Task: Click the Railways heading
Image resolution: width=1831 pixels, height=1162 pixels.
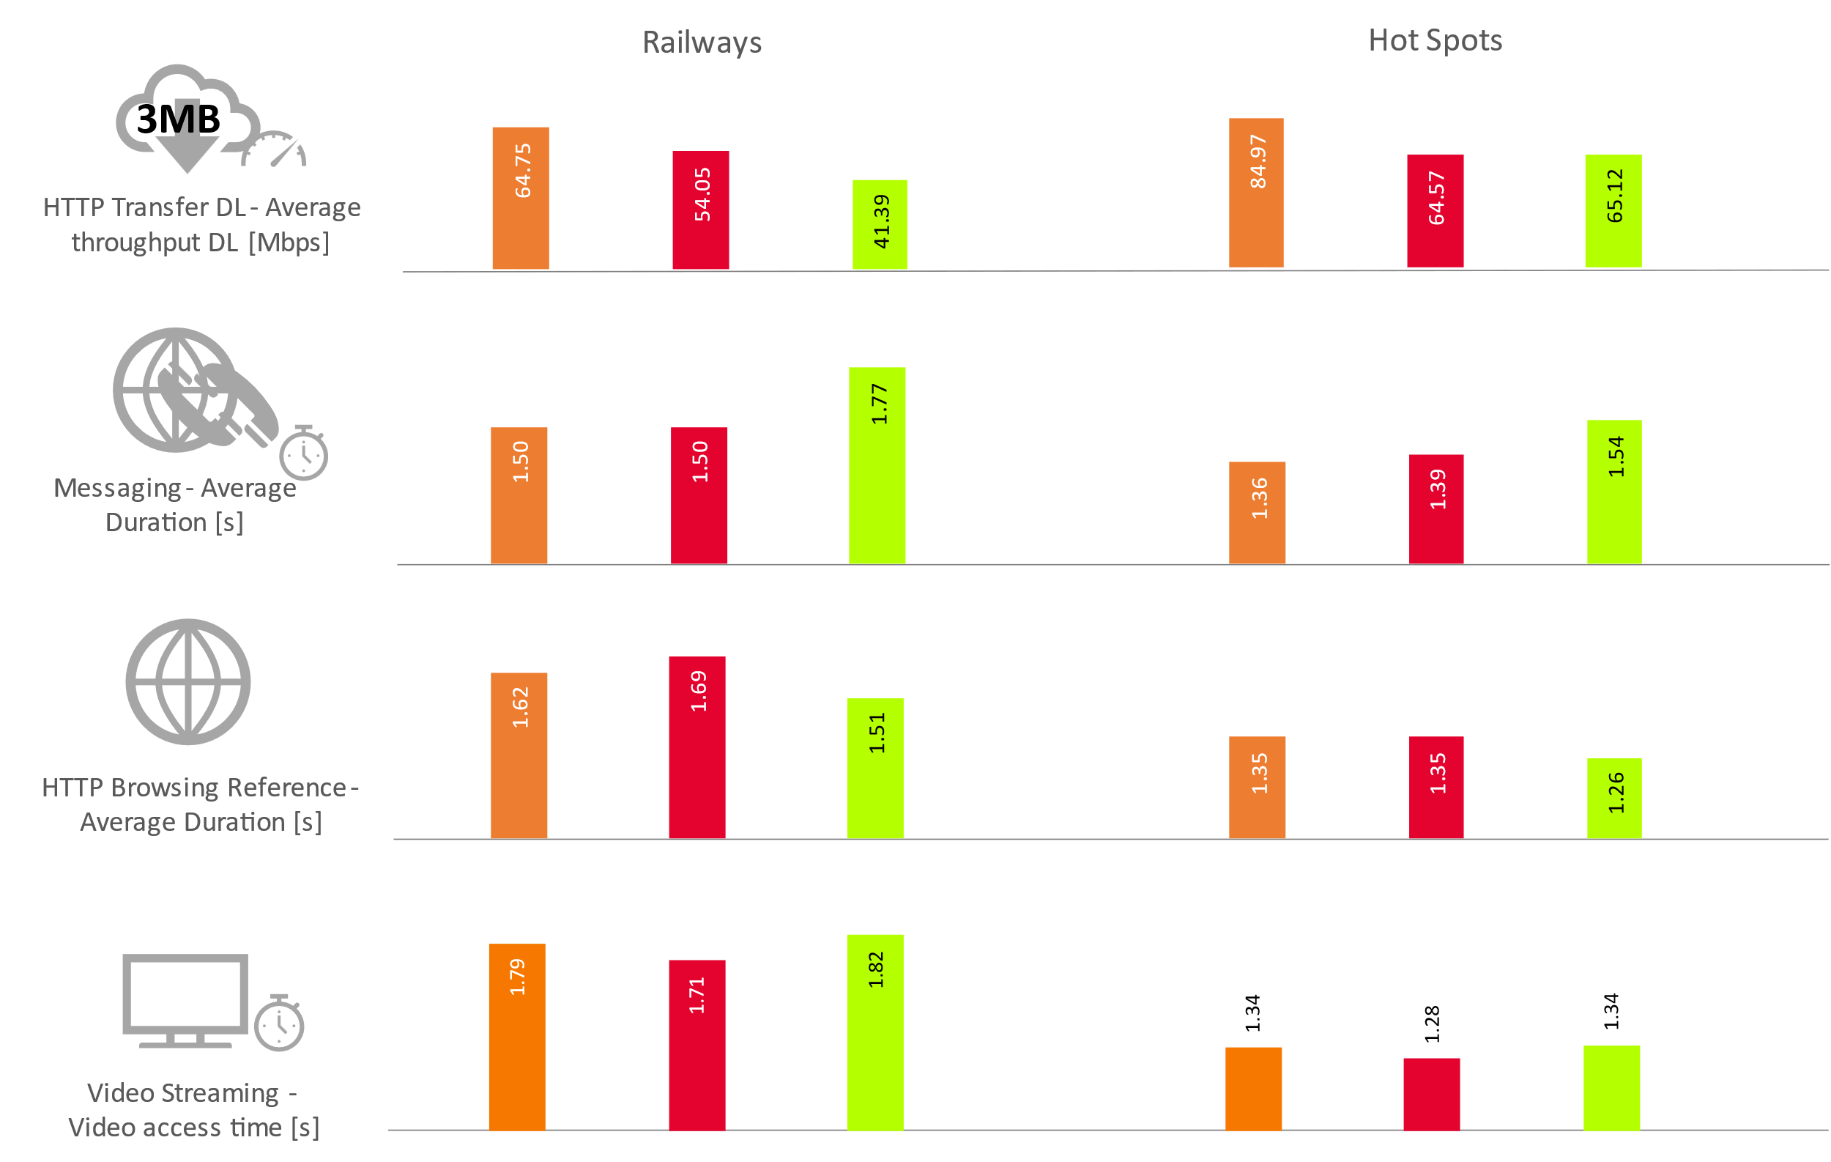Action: point(702,42)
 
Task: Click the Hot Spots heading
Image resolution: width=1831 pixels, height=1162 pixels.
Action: point(1435,40)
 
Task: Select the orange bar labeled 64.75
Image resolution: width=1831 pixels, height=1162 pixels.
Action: point(520,198)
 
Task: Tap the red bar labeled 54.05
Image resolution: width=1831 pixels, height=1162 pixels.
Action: point(700,210)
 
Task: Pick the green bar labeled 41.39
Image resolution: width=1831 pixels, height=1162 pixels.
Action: point(880,224)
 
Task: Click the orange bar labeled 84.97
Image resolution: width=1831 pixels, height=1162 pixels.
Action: point(1256,193)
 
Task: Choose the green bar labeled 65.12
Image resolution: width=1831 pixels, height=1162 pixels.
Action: point(1613,211)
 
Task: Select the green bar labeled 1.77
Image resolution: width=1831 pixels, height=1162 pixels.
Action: point(877,465)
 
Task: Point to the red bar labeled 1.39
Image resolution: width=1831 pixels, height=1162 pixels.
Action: point(1436,508)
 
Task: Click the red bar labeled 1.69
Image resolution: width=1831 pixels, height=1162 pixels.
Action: point(697,747)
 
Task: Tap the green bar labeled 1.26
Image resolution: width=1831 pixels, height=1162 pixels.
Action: point(1613,798)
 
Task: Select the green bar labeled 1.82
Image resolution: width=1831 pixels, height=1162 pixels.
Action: point(874,1032)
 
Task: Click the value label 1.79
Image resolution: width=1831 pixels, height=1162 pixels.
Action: point(517,977)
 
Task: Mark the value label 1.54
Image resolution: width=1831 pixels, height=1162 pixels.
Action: point(1615,456)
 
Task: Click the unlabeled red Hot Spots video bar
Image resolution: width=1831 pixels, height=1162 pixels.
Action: point(1431,1094)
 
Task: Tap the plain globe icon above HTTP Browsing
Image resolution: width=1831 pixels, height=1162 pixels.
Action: point(187,681)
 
